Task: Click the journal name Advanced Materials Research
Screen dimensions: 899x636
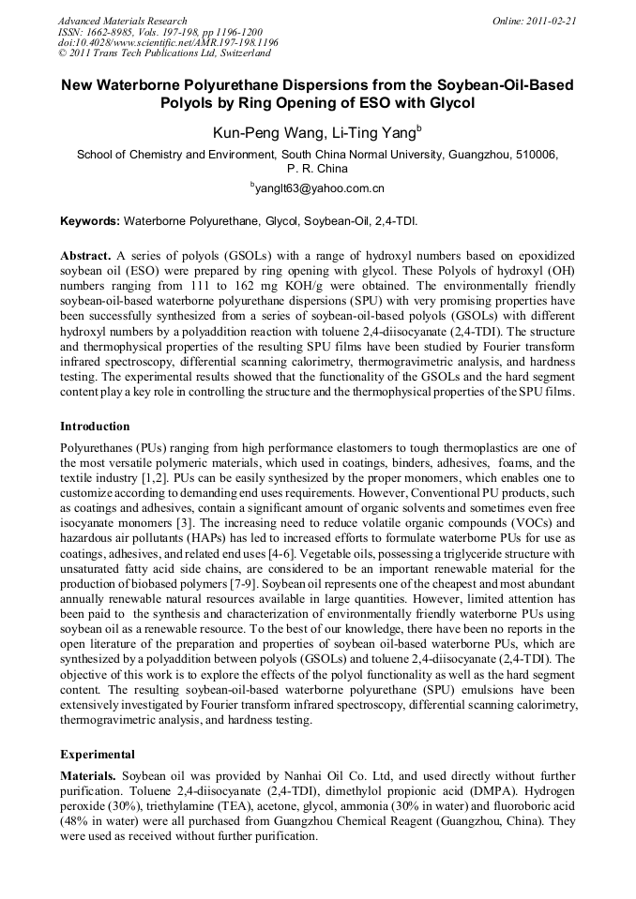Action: click(123, 21)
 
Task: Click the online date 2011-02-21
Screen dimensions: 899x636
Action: click(551, 21)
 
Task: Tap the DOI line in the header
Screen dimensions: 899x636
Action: click(168, 43)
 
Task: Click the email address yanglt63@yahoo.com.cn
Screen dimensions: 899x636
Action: click(320, 188)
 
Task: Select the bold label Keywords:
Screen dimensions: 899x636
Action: click(90, 222)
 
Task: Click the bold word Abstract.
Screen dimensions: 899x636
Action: click(85, 256)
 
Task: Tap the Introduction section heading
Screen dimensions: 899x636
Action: click(95, 427)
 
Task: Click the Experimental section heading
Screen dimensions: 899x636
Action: click(98, 754)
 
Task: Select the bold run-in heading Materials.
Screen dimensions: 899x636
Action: click(89, 777)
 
